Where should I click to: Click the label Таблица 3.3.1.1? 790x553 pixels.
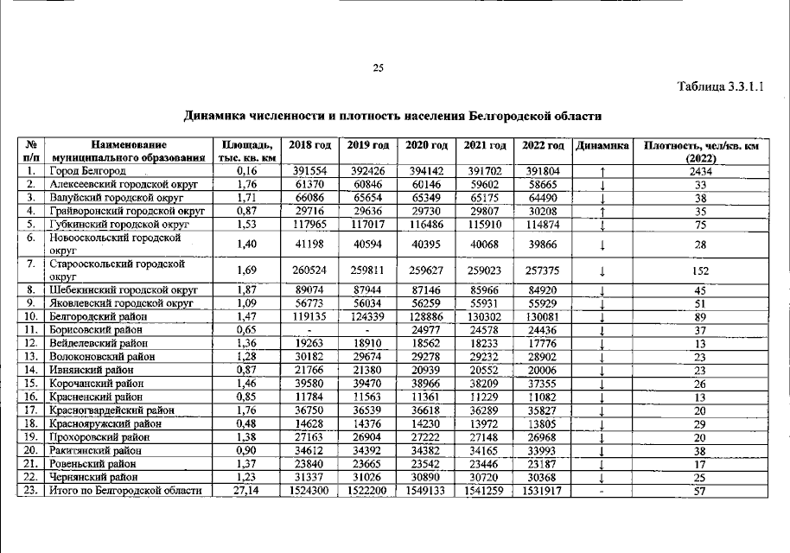722,86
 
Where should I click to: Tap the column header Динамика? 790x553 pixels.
602,145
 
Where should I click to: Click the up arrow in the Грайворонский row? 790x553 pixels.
601,211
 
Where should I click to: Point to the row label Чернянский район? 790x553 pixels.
93,477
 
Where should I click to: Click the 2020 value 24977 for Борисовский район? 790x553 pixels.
426,330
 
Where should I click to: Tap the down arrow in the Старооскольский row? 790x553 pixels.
601,270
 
